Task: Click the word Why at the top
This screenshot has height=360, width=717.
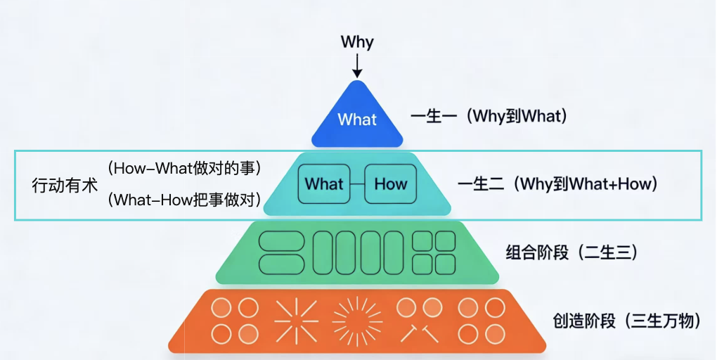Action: pyautogui.click(x=357, y=41)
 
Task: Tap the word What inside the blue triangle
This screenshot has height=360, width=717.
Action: pyautogui.click(x=357, y=120)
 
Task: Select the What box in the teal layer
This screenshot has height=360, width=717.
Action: pyautogui.click(x=324, y=184)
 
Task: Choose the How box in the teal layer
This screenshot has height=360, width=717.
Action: pyautogui.click(x=390, y=184)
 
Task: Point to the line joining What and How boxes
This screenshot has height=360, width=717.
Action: pyautogui.click(x=357, y=184)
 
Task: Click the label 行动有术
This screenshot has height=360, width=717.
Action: pyautogui.click(x=65, y=186)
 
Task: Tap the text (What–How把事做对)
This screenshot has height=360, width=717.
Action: pyautogui.click(x=185, y=201)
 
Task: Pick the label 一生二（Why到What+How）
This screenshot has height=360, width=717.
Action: pyautogui.click(x=557, y=185)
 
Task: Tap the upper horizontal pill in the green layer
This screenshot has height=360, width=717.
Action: pyautogui.click(x=282, y=241)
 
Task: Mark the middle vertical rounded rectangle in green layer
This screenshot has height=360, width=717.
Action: pyautogui.click(x=358, y=252)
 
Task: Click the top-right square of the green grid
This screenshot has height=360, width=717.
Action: pyautogui.click(x=444, y=241)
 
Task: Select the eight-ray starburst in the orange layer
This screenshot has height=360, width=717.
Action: pyautogui.click(x=292, y=321)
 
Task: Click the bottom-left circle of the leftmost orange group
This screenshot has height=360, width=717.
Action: pyautogui.click(x=221, y=334)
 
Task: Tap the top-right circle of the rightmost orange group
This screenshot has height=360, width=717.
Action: pyautogui.click(x=495, y=308)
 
